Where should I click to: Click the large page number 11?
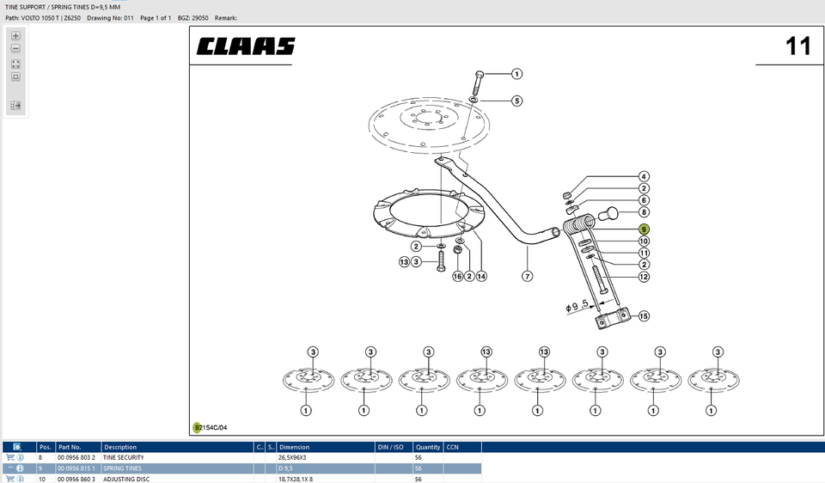[x=797, y=46]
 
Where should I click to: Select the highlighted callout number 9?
[x=644, y=229]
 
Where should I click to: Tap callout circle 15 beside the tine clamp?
[x=643, y=316]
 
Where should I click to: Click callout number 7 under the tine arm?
[x=527, y=276]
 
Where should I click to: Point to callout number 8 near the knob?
[x=644, y=211]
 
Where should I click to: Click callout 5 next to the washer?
[x=516, y=101]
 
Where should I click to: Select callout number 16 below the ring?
[x=457, y=276]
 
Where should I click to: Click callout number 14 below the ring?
[x=481, y=276]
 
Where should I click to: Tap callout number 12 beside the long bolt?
[x=644, y=277]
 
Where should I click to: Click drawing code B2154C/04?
[x=211, y=427]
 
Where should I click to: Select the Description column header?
[x=120, y=447]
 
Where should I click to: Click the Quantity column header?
[x=427, y=447]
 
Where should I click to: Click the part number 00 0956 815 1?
[x=76, y=468]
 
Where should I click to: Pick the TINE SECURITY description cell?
[x=124, y=458]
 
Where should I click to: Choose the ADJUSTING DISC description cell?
[x=126, y=479]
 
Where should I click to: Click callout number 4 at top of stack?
[x=644, y=176]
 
